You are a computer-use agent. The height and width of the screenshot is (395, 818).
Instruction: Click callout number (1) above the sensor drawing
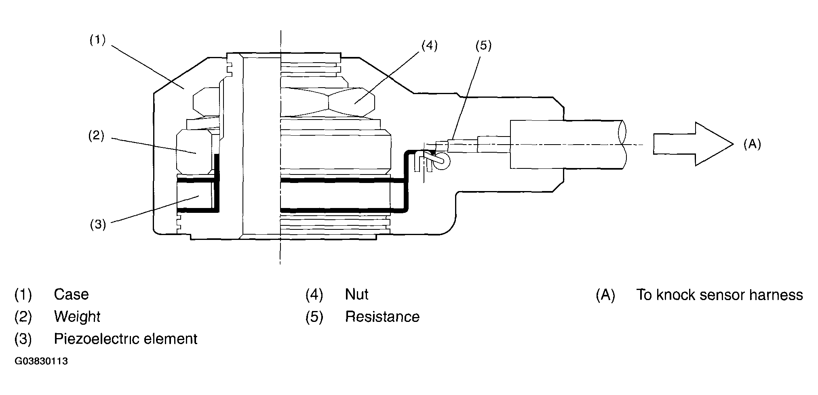point(97,40)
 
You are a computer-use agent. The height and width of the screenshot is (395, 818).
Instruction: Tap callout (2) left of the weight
point(97,136)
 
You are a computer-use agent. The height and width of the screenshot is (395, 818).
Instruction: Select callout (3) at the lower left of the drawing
point(98,224)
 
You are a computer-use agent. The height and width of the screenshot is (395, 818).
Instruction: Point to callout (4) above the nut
point(429,46)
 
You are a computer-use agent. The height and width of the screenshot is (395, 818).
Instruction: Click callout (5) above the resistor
point(483,46)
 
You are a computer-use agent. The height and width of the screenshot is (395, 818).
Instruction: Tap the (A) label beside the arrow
point(752,144)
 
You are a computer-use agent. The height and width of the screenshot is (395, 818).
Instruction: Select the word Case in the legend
point(71,294)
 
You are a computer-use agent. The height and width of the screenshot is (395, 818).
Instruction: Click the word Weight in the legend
point(77,317)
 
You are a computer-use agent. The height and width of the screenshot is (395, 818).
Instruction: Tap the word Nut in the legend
point(356,294)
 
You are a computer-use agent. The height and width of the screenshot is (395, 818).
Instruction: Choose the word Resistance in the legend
point(382,317)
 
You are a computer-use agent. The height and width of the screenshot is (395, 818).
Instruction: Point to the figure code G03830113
point(41,361)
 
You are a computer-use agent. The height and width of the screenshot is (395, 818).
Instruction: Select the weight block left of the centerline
point(194,153)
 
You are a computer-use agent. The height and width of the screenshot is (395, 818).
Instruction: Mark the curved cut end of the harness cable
point(622,144)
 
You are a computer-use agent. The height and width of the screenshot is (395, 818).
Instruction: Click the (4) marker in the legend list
point(314,295)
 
